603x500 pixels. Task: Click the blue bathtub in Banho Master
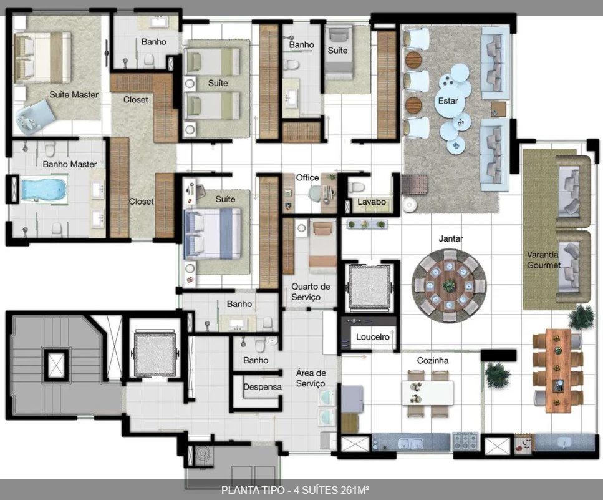(x=44, y=189)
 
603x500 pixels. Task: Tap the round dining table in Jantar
(x=449, y=286)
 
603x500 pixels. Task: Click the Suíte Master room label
(x=74, y=95)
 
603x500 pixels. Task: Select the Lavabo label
(x=372, y=202)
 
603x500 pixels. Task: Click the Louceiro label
(x=373, y=337)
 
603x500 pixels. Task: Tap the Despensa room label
(x=263, y=387)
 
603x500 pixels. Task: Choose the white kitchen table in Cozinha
(x=428, y=393)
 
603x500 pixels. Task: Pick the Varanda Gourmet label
(x=543, y=260)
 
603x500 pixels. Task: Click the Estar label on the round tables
(x=448, y=101)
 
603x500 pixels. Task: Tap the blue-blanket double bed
(x=213, y=233)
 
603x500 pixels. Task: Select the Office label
(x=307, y=178)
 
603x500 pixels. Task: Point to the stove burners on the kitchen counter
(x=465, y=441)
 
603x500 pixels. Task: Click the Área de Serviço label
(x=311, y=378)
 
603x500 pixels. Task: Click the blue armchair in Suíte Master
(x=34, y=116)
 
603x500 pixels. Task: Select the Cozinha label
(x=433, y=361)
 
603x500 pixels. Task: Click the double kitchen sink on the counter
(x=411, y=444)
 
